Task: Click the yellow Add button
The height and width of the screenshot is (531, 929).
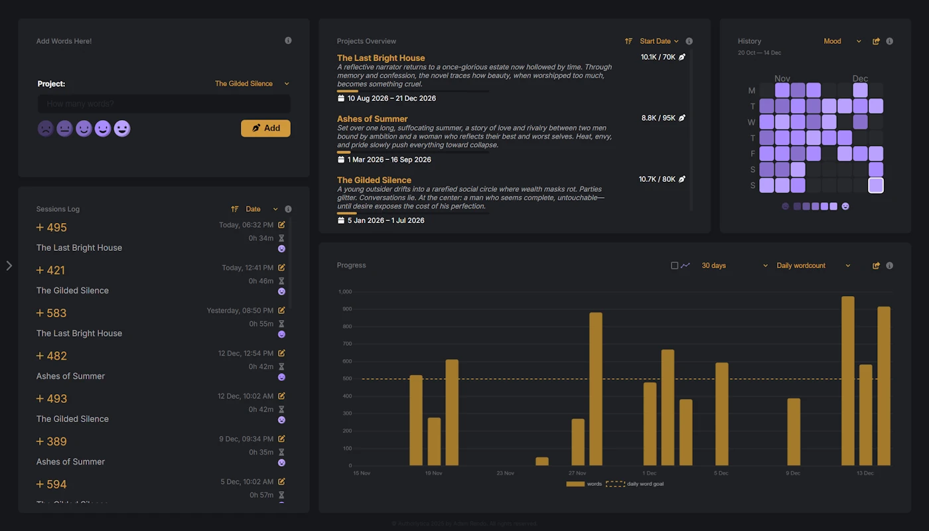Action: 265,128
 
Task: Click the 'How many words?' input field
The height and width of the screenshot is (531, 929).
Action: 164,104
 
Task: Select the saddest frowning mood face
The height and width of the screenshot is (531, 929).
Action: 45,128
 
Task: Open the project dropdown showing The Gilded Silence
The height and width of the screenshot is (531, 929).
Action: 251,84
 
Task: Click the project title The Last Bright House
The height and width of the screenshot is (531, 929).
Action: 381,58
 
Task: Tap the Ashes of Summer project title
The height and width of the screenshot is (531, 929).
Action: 372,119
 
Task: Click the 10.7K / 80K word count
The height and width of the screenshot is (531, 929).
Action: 657,179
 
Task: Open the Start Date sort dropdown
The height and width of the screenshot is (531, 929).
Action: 658,41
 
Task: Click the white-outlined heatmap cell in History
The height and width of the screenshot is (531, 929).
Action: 876,185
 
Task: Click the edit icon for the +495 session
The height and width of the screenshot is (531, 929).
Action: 281,225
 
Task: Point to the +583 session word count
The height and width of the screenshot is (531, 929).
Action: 52,313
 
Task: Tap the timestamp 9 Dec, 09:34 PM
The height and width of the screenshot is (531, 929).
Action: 246,439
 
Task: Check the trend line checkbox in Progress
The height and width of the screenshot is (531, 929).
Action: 674,265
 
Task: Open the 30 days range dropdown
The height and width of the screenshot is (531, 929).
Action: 734,265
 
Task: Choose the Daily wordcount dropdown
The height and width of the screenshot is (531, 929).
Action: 813,265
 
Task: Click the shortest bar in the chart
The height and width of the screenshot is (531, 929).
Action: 542,461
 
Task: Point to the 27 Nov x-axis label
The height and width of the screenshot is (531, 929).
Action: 577,473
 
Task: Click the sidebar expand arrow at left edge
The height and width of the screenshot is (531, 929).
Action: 9,265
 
